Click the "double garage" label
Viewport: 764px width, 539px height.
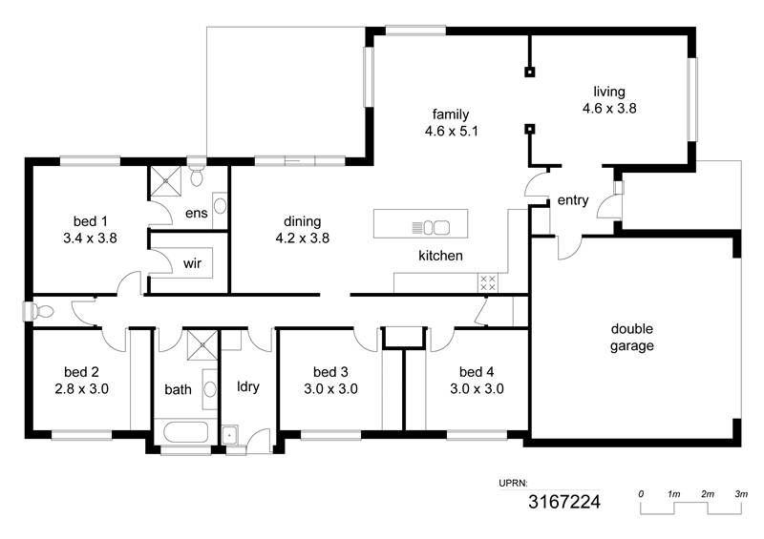tap(632, 338)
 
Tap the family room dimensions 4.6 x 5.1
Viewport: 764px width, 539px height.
tap(451, 131)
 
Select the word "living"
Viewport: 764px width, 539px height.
tap(609, 92)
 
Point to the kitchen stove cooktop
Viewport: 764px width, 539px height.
tap(488, 283)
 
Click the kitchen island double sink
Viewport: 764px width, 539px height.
tap(436, 227)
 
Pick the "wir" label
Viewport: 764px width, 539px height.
tap(192, 263)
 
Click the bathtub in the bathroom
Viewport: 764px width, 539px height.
tap(185, 432)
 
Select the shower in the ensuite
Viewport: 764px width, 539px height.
tap(165, 181)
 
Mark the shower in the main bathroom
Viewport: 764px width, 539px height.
tap(202, 344)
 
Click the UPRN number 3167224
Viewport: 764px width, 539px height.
tap(564, 502)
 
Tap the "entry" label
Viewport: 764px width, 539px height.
tap(572, 200)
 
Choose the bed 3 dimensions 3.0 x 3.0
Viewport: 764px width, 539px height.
tap(330, 389)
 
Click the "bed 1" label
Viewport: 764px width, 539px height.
tap(90, 221)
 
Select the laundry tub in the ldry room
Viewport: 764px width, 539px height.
tap(230, 435)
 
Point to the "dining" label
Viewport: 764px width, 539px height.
tap(302, 222)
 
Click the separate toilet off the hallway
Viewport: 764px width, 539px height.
tap(38, 311)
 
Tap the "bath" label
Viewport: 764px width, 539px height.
tap(178, 389)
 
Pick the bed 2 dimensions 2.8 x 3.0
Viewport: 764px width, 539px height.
tap(81, 389)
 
